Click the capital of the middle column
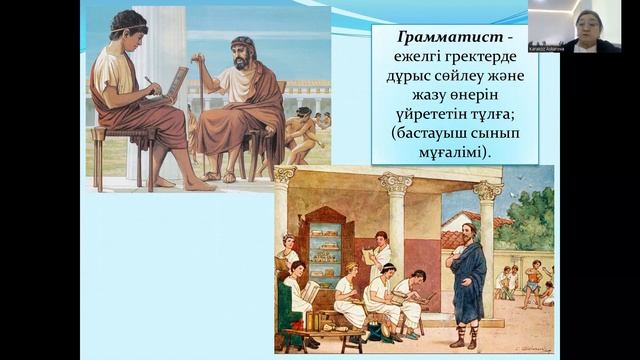(x=395, y=183)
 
